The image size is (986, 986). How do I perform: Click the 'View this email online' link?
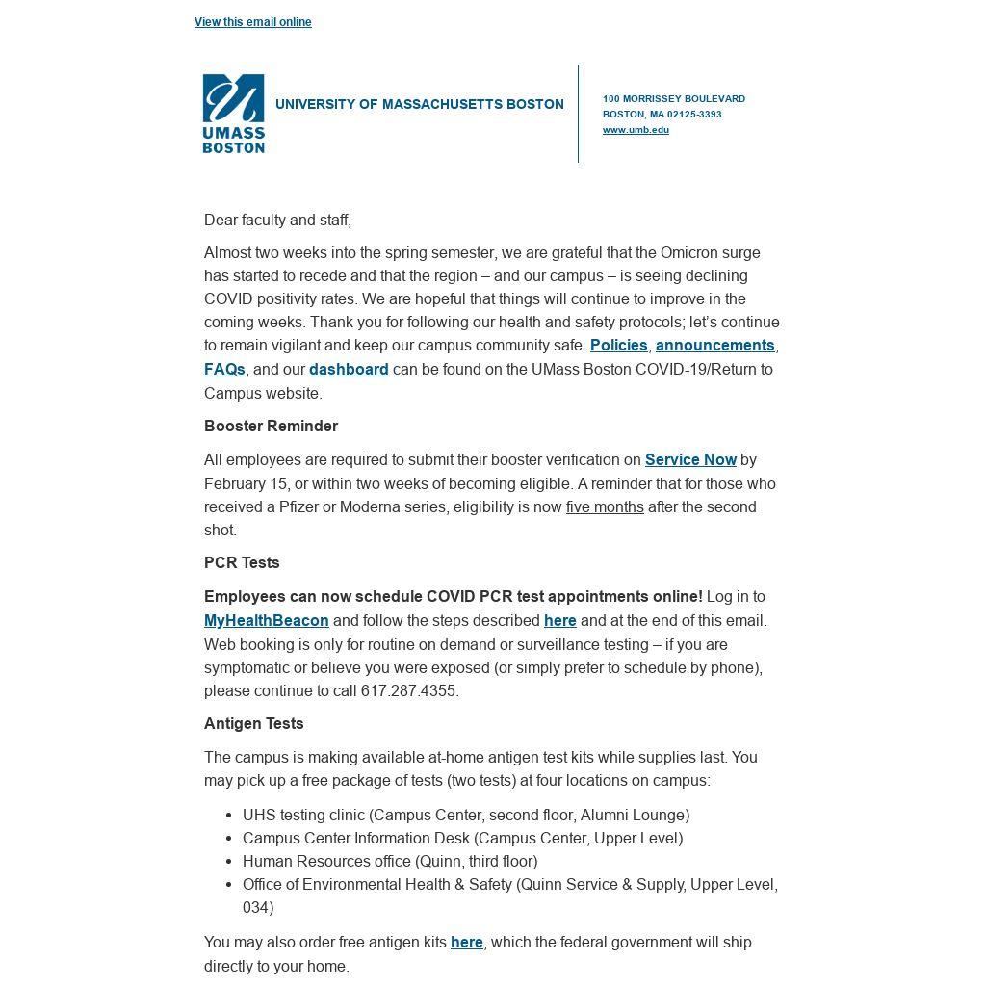pyautogui.click(x=252, y=22)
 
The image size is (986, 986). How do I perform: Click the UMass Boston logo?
pyautogui.click(x=233, y=114)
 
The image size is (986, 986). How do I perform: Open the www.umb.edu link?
pyautogui.click(x=636, y=130)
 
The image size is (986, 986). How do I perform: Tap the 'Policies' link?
pyautogui.click(x=618, y=346)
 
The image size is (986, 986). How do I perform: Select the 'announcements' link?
pyautogui.click(x=714, y=346)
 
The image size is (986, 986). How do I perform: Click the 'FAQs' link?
pyautogui.click(x=224, y=370)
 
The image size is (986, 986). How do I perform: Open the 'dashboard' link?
pyautogui.click(x=349, y=370)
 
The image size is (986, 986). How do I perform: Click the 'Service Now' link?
pyautogui.click(x=690, y=460)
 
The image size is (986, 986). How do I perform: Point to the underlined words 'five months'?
pyautogui.click(x=605, y=507)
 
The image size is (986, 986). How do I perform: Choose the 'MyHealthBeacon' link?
pyautogui.click(x=267, y=621)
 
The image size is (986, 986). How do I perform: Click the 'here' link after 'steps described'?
pyautogui.click(x=559, y=621)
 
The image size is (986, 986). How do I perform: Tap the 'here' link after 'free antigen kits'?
pyautogui.click(x=467, y=943)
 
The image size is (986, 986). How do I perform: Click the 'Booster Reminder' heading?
pyautogui.click(x=271, y=427)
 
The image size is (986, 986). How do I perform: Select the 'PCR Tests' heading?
pyautogui.click(x=242, y=563)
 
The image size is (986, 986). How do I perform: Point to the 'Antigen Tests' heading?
pyautogui.click(x=253, y=724)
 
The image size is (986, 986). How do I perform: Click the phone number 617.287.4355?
pyautogui.click(x=408, y=691)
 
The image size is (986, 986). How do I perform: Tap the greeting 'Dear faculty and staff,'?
pyautogui.click(x=277, y=221)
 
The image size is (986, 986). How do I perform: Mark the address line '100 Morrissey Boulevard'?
pyautogui.click(x=674, y=99)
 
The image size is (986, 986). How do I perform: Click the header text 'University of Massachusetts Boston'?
pyautogui.click(x=420, y=104)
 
